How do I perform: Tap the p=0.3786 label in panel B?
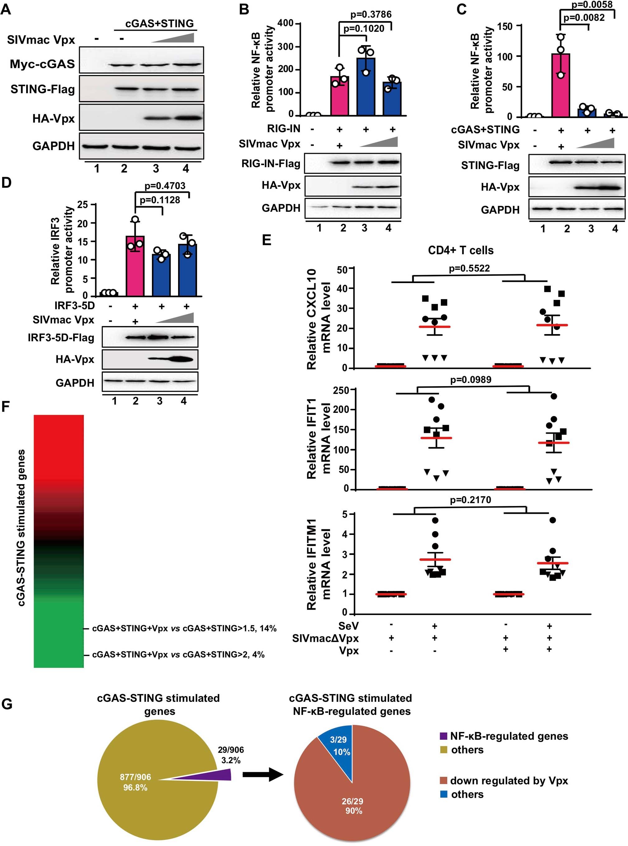click(x=371, y=14)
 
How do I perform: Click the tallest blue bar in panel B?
click(x=366, y=87)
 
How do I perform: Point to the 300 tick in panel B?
click(x=286, y=47)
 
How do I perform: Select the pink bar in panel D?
click(x=135, y=266)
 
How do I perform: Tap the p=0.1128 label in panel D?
click(x=160, y=200)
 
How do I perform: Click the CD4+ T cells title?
click(x=461, y=250)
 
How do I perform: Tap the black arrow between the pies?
click(x=263, y=774)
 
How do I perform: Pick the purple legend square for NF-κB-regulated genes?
click(x=444, y=736)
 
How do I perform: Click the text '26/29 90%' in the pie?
click(x=353, y=806)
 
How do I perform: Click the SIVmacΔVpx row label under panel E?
click(x=325, y=638)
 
